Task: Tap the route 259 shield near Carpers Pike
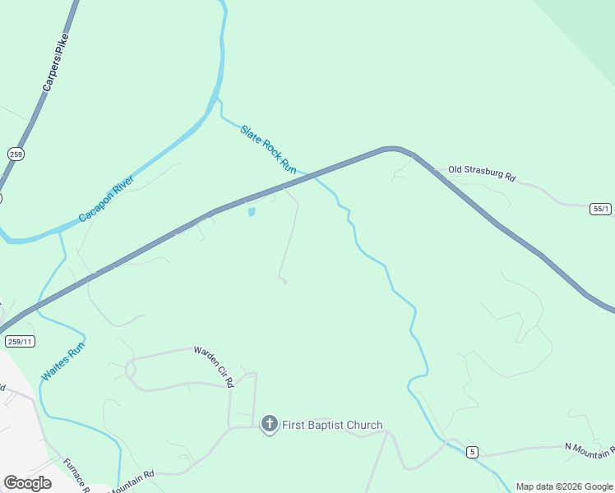tap(16, 154)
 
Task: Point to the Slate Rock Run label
tap(268, 148)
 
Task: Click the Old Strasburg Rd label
tap(482, 174)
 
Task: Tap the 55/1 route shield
tap(601, 209)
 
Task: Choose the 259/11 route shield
tap(19, 341)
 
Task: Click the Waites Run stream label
tap(63, 361)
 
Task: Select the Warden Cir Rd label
tap(214, 366)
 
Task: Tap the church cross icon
tap(269, 424)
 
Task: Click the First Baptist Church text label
tap(332, 425)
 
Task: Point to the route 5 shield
tap(472, 451)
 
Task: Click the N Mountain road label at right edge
tap(590, 449)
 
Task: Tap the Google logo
tap(27, 483)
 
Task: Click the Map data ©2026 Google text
tap(564, 486)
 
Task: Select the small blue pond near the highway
tap(252, 212)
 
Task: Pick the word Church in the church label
tap(364, 425)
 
